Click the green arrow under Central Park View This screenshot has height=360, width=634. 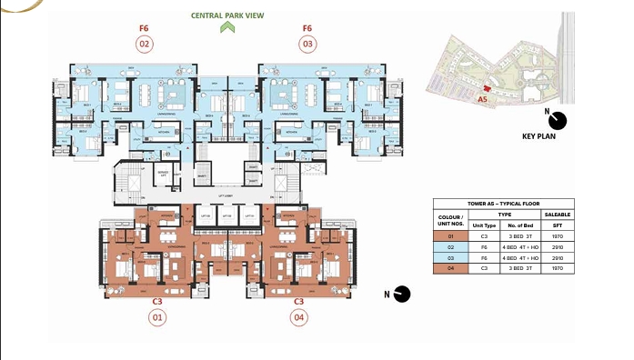[x=226, y=28]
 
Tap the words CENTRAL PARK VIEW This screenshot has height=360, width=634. [x=226, y=15]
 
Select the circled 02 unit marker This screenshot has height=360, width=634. [x=144, y=43]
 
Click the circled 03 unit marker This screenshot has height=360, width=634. [x=308, y=43]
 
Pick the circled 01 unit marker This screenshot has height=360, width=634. [x=157, y=317]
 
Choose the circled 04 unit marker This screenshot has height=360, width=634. [x=298, y=317]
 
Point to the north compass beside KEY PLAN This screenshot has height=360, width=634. [x=557, y=121]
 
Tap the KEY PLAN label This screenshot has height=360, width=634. [x=539, y=135]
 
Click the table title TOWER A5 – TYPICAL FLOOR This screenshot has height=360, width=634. [x=504, y=205]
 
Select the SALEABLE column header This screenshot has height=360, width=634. [x=557, y=215]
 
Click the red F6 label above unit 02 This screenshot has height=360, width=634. [x=144, y=28]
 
